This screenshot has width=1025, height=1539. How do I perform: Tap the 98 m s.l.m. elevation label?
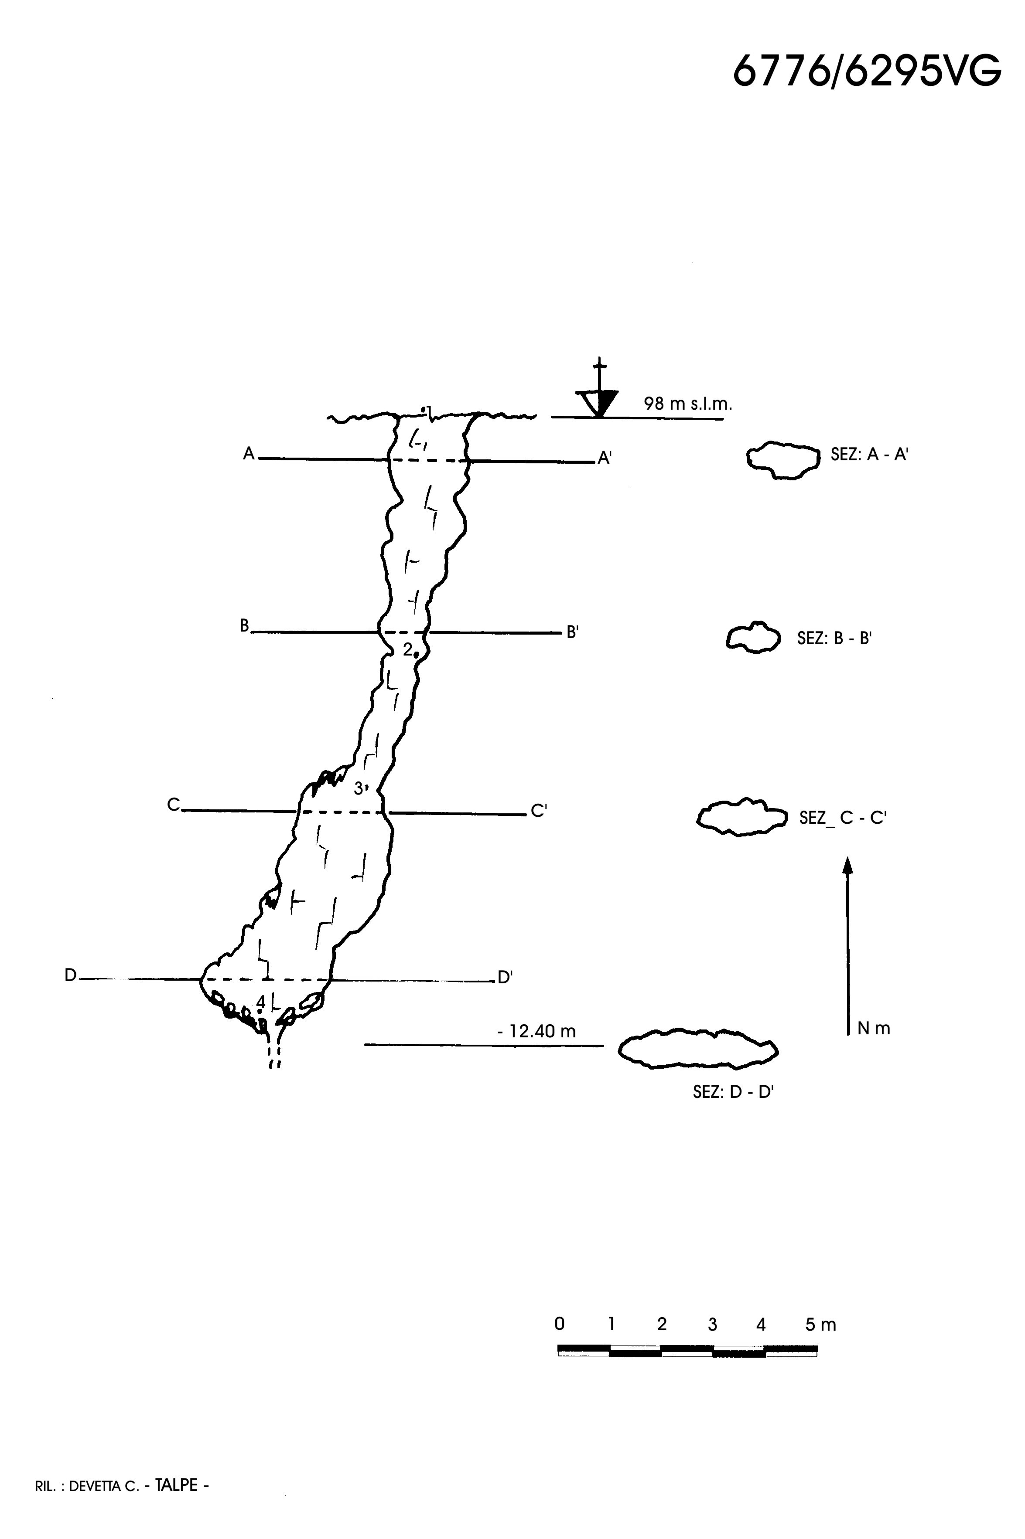pos(688,404)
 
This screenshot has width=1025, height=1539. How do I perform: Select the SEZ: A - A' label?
pos(869,455)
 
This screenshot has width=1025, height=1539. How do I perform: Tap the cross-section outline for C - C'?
pos(742,816)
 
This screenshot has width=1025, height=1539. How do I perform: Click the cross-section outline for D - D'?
pos(698,1049)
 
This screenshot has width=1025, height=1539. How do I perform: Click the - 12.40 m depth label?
pos(536,1031)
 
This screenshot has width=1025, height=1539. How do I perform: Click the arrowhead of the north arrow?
pos(848,866)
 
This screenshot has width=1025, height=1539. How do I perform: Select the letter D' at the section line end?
pos(505,978)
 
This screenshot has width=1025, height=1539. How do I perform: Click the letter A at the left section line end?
pos(249,454)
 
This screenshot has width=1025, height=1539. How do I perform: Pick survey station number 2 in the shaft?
pos(407,649)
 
